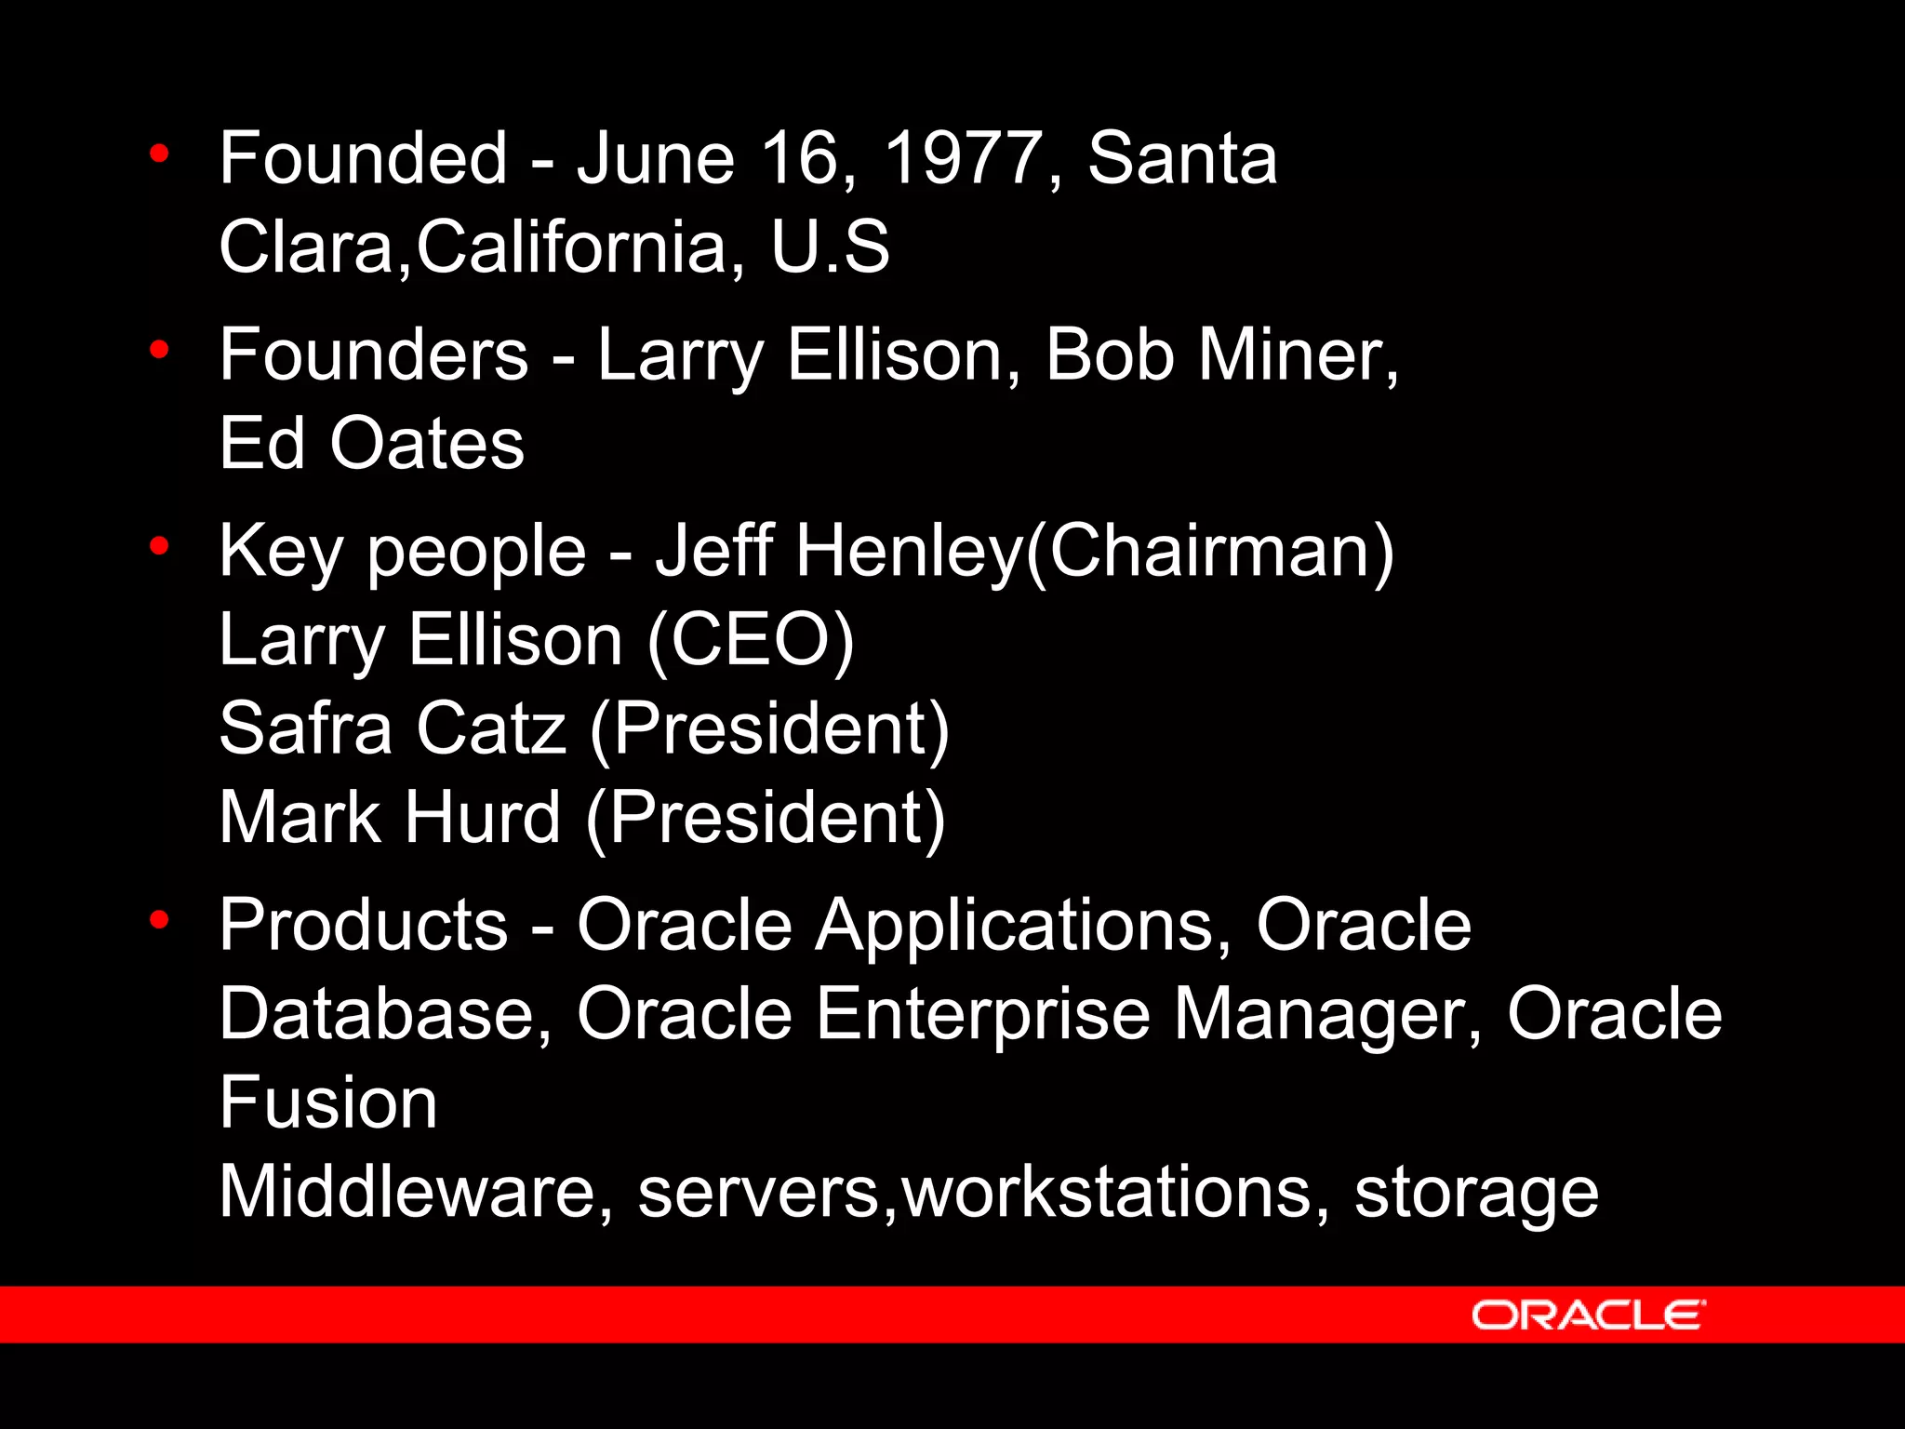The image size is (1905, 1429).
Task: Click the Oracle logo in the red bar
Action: click(1588, 1315)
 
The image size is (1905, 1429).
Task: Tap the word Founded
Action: click(364, 158)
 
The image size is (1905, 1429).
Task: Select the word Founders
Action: click(374, 355)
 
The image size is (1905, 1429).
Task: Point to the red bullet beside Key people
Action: click(159, 546)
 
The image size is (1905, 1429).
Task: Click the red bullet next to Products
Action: click(159, 920)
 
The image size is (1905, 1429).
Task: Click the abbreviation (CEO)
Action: click(750, 640)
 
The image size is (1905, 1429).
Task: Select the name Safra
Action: click(306, 728)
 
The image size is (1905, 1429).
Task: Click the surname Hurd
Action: click(482, 818)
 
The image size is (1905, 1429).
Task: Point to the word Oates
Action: click(427, 444)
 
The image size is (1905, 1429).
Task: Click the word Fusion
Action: click(327, 1103)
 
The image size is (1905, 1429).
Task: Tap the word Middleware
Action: click(406, 1193)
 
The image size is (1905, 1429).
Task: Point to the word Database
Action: click(377, 1014)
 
